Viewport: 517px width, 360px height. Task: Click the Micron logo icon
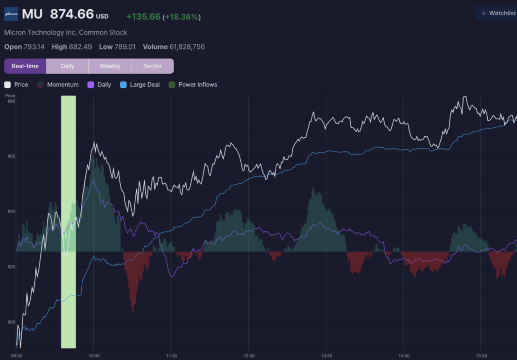[x=11, y=14]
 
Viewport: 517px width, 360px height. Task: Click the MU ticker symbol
[x=32, y=14]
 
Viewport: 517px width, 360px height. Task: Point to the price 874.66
[x=72, y=14]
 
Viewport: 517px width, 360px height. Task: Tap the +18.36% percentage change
[x=182, y=17]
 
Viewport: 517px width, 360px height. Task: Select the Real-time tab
[x=25, y=66]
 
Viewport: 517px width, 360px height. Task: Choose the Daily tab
[x=67, y=66]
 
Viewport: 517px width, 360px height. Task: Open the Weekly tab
[x=110, y=66]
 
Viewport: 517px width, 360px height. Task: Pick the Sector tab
[x=152, y=66]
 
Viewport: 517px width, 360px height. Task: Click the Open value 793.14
[x=34, y=47]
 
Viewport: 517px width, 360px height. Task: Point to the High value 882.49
[x=80, y=47]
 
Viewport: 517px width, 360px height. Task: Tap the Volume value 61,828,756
[x=187, y=47]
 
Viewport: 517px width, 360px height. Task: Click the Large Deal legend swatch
[x=123, y=85]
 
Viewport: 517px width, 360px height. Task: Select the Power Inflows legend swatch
[x=172, y=85]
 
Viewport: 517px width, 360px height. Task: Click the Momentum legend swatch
[x=40, y=85]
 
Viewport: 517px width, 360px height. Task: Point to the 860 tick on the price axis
[x=11, y=156]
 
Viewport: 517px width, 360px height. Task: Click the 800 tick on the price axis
[x=11, y=322]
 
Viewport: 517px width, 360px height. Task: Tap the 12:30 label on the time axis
[x=249, y=356]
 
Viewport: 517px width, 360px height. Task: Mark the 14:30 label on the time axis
[x=404, y=356]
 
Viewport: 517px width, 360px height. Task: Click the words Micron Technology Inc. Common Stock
[x=66, y=32]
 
